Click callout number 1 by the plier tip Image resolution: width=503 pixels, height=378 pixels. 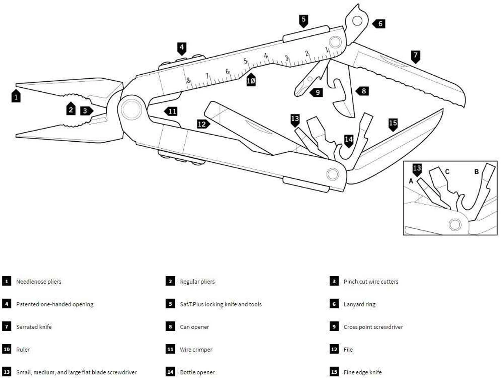coord(16,96)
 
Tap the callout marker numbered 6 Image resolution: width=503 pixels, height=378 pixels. coord(380,24)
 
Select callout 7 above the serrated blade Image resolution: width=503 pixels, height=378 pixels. coord(415,55)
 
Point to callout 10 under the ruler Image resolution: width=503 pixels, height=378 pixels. coord(251,81)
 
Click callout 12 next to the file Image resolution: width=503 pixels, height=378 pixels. coord(202,124)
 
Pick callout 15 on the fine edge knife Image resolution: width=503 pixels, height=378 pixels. coord(393,124)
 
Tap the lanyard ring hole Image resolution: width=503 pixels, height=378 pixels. coord(357,20)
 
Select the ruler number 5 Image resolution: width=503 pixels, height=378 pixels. coord(245,61)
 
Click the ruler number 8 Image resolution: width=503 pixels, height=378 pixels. coord(188,81)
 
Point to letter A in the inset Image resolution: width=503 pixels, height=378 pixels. coord(411,181)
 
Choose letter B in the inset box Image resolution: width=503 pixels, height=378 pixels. coord(476,171)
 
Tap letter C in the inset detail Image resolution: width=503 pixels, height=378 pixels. coord(447,171)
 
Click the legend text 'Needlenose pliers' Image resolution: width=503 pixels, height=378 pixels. coord(39,282)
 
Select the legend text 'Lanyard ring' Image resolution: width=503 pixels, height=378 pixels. coord(359,304)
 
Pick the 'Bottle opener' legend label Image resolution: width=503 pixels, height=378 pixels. coord(197,372)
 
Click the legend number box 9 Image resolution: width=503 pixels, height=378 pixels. coord(334,326)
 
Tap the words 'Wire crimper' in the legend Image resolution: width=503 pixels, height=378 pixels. coord(196,350)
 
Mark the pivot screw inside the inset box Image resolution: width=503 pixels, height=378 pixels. coord(455,225)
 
